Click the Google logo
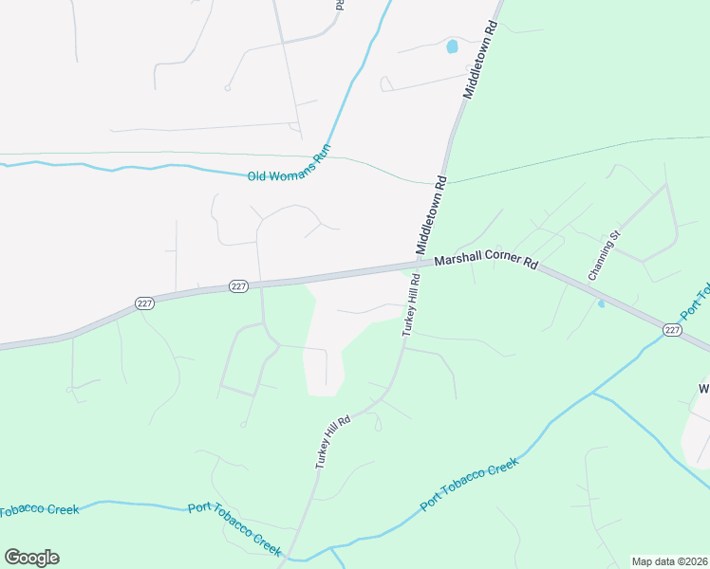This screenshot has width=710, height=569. point(31,558)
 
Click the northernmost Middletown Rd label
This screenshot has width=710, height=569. point(480,60)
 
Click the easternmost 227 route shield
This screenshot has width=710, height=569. point(672,329)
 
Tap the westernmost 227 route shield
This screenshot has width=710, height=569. point(144,303)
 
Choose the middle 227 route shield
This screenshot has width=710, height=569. point(238,285)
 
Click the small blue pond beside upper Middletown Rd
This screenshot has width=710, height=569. point(452,46)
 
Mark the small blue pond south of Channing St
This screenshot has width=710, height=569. point(601,303)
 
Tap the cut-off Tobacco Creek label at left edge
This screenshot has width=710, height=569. point(39,510)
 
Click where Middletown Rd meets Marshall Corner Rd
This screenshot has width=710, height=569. point(420,266)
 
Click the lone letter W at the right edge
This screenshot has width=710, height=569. point(704,389)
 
